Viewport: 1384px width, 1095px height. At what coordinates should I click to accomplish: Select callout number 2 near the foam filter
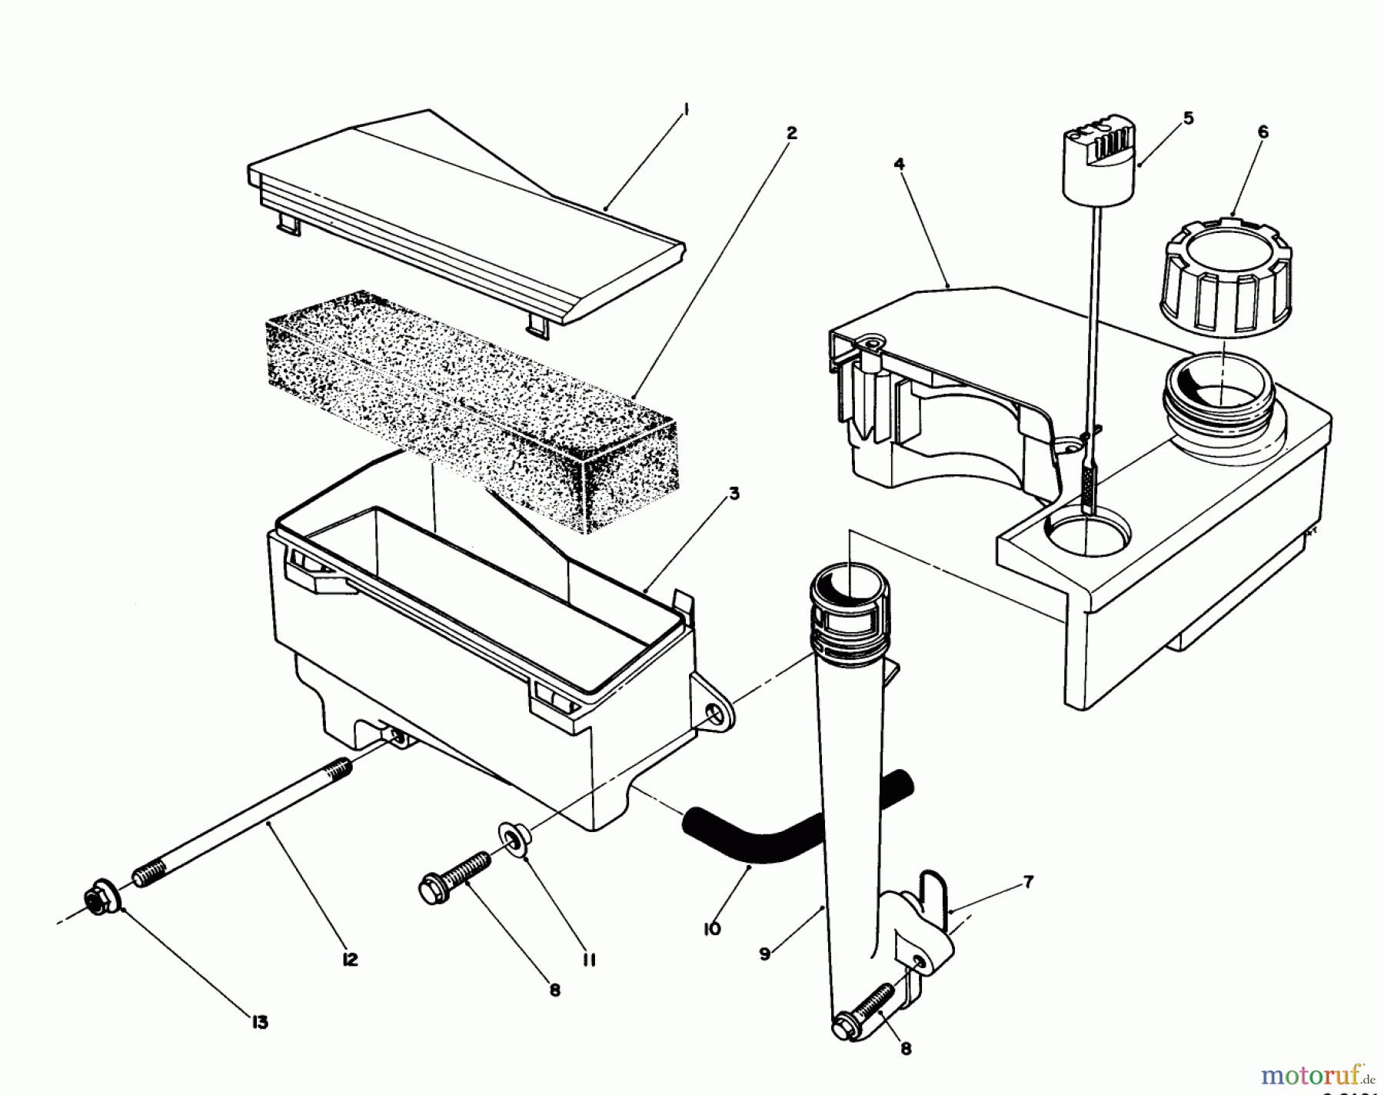click(791, 133)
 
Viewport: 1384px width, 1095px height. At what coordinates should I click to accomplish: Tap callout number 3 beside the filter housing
click(734, 494)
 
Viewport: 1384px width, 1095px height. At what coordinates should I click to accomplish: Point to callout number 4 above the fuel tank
click(899, 163)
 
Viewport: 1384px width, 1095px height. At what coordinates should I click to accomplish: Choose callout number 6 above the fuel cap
click(1263, 132)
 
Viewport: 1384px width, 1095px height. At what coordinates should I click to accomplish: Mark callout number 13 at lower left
click(260, 1023)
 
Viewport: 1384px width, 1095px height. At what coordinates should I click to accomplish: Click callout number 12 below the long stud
click(350, 960)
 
